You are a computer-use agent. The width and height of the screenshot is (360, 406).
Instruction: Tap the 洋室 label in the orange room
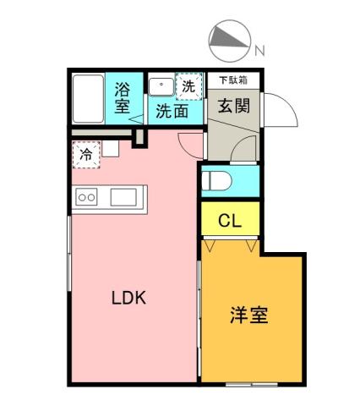248,316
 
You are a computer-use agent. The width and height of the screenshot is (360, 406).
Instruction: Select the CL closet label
230,222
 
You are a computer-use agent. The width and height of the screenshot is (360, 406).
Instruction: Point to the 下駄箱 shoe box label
233,80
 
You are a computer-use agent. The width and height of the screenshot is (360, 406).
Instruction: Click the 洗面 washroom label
172,111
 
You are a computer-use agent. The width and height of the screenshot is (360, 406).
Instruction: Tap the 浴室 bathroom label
123,96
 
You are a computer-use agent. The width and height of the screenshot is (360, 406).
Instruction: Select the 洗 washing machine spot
188,85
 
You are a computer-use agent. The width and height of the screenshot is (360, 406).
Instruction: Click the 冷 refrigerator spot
85,155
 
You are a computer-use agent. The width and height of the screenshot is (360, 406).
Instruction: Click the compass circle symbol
227,41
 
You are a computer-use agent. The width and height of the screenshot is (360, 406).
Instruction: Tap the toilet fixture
222,180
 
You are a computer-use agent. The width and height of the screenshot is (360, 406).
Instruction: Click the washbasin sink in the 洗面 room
159,86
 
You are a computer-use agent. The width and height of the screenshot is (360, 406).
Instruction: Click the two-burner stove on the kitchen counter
86,198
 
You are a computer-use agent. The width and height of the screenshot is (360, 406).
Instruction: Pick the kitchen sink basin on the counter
123,197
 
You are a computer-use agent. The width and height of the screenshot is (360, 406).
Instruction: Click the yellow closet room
230,222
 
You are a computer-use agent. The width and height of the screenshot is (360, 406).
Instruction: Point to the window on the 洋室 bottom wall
250,385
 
